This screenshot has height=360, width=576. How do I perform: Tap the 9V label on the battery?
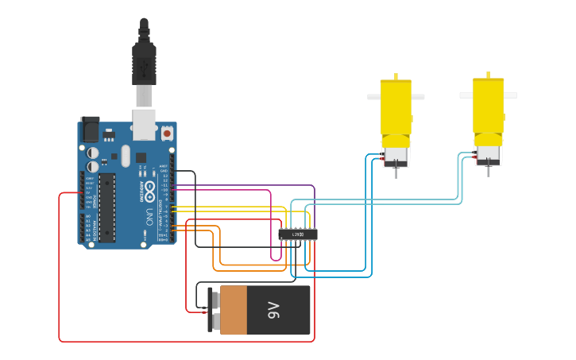coord(273,310)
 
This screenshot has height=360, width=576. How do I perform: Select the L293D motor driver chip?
coord(298,234)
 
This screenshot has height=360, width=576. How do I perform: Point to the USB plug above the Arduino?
coord(144,64)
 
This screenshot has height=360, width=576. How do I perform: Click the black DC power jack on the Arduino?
coord(90,130)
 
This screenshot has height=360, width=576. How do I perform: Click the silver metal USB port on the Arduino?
coord(144,123)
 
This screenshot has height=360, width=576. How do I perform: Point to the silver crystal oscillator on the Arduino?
coord(125,154)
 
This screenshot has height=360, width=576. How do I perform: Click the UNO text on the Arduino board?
coord(149,217)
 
